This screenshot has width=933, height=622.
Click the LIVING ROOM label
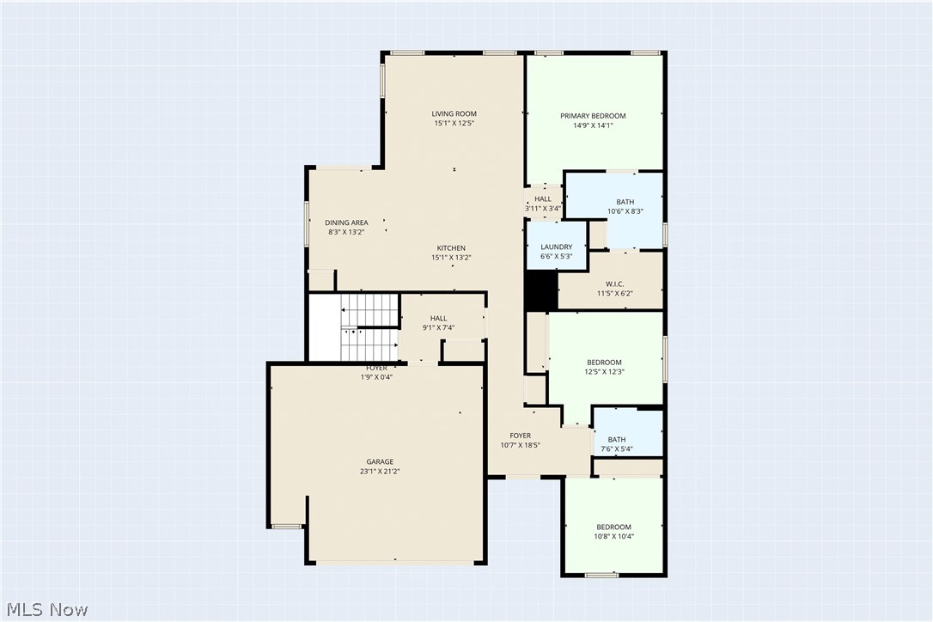tap(454, 113)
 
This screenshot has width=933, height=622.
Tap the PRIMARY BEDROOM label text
tap(593, 116)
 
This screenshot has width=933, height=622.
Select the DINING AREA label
tap(346, 223)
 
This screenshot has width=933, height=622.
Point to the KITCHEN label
tap(451, 248)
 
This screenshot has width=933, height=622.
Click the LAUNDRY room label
tap(557, 247)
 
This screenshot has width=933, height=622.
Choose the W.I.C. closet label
tap(614, 284)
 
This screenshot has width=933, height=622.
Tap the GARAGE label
tap(380, 462)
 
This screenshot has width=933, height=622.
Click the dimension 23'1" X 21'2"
tap(380, 472)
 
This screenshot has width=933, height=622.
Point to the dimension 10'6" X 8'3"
tap(625, 211)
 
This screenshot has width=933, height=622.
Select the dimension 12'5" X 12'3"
tap(604, 372)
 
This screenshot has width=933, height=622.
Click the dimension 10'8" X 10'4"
tap(614, 536)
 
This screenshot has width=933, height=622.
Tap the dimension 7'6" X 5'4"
tap(617, 449)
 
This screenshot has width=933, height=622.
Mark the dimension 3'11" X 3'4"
tap(543, 209)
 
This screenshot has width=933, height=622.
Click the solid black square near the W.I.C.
tap(541, 290)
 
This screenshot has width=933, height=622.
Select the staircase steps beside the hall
tap(369, 326)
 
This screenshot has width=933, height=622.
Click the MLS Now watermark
tap(47, 609)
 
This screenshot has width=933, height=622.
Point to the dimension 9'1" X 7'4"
tap(438, 328)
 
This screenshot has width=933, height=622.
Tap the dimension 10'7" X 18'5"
tap(520, 445)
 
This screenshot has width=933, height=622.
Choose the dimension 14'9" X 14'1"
tap(593, 125)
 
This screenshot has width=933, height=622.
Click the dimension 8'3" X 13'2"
tap(346, 232)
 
